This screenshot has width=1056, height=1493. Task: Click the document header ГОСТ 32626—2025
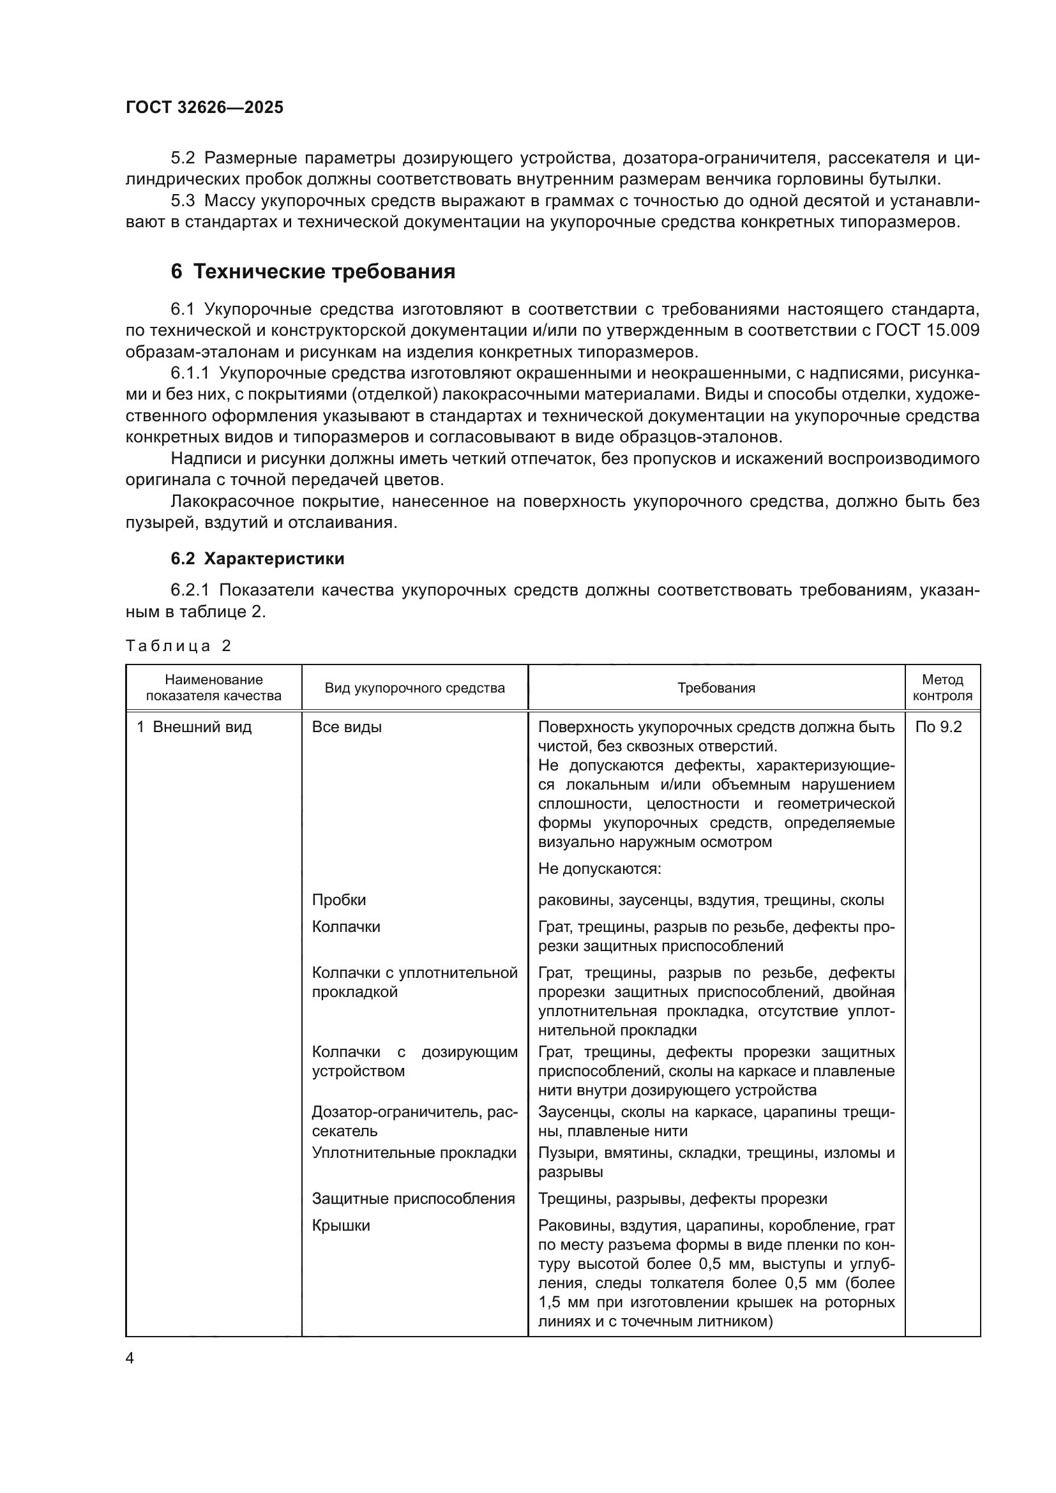point(204,107)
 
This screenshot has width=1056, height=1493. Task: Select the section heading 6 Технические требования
point(313,271)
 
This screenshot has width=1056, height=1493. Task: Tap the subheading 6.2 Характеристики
point(257,559)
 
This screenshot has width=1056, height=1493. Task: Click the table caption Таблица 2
point(178,646)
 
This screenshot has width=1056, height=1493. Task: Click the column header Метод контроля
point(942,687)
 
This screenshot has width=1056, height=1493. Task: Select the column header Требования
point(716,688)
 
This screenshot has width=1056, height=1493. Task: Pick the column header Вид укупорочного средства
point(414,688)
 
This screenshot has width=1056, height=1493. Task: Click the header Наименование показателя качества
point(213,687)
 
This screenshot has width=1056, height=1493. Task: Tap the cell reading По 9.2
point(938,727)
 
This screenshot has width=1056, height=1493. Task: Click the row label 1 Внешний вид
point(194,727)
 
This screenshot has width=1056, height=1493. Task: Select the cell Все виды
point(347,727)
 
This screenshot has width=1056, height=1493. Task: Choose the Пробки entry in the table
point(339,900)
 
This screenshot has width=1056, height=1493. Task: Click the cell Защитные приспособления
point(413,1199)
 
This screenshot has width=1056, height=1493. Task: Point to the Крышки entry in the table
point(341,1225)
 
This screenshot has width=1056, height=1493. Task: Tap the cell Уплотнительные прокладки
point(414,1153)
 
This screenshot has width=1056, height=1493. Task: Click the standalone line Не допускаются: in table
point(599,869)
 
